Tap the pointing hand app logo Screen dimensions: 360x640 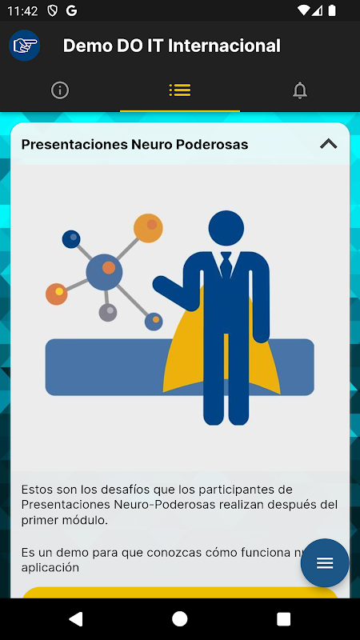(25, 46)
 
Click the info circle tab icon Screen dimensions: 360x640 (60, 90)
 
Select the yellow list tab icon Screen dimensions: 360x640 (180, 90)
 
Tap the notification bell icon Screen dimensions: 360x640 (300, 90)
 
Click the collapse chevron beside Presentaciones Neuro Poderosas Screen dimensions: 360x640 (329, 144)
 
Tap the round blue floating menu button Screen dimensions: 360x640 (325, 563)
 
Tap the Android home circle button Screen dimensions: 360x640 (179, 618)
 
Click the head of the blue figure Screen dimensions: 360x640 (226, 228)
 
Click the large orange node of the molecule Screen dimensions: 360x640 (148, 228)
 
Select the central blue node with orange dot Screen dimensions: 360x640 (104, 272)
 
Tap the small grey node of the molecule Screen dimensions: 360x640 (108, 313)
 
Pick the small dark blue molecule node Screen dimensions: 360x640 (71, 238)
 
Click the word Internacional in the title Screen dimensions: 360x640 (224, 46)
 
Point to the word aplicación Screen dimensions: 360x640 (50, 568)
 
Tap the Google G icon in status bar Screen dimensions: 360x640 (71, 11)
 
